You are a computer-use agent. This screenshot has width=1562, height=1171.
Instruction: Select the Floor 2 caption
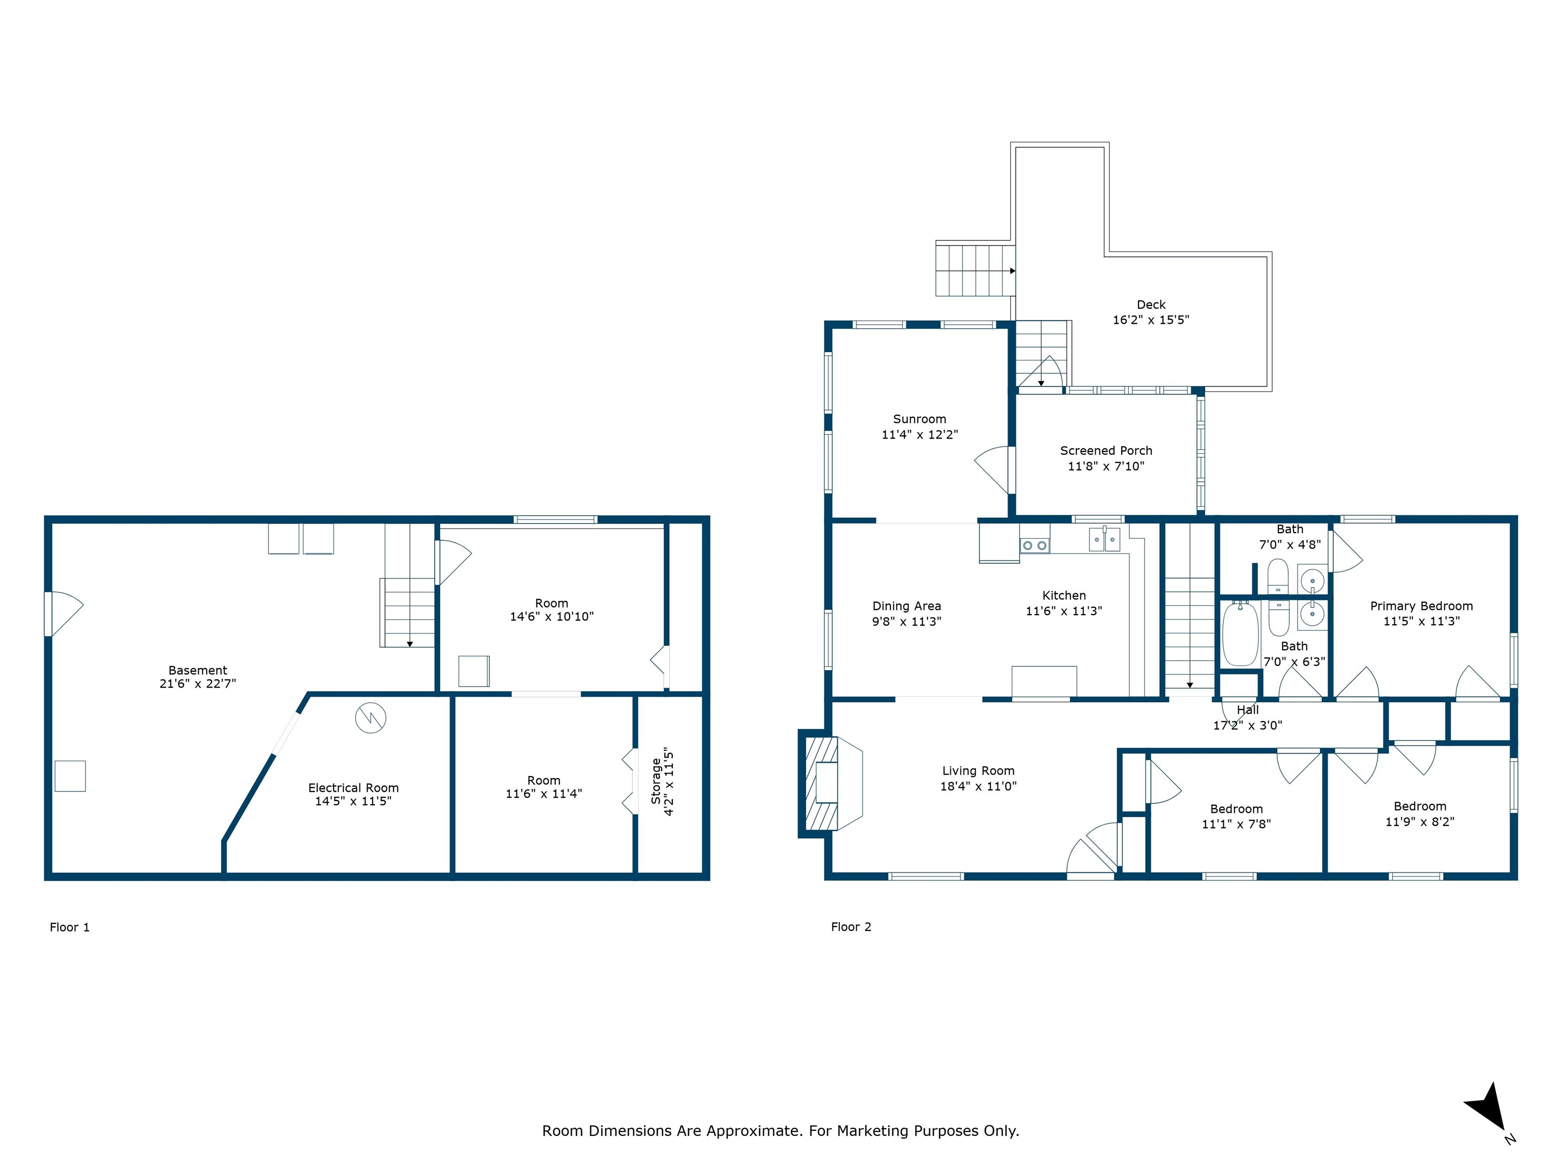(x=851, y=927)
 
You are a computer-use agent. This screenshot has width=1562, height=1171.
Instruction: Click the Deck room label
(x=1151, y=304)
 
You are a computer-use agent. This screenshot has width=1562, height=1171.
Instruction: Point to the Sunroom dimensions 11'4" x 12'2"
(x=919, y=435)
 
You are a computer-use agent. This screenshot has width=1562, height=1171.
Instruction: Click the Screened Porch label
(x=1106, y=450)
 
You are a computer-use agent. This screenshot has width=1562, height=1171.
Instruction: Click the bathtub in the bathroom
(x=1240, y=633)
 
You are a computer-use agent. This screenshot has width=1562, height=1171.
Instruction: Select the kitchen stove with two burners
(x=1035, y=545)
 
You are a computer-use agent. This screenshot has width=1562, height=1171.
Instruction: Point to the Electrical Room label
(x=353, y=788)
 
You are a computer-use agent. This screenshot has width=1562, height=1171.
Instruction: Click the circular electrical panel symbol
(x=371, y=718)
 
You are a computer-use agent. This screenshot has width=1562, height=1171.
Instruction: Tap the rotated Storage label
(x=656, y=781)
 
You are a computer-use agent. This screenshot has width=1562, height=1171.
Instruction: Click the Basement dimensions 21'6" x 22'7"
(x=198, y=683)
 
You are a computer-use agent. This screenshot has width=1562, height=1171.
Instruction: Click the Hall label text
(x=1248, y=710)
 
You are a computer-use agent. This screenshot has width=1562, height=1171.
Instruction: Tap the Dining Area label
(x=907, y=606)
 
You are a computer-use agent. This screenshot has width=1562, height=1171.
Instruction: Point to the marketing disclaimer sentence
(x=780, y=1131)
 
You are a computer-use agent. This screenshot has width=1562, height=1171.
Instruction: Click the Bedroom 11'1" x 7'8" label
(x=1237, y=816)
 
